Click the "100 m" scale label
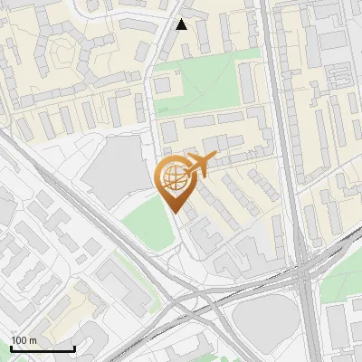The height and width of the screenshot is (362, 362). (24, 339)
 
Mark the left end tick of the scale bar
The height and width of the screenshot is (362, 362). (11, 348)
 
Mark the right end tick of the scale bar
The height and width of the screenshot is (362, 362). (74, 348)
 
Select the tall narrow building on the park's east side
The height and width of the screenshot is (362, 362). (247, 82)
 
